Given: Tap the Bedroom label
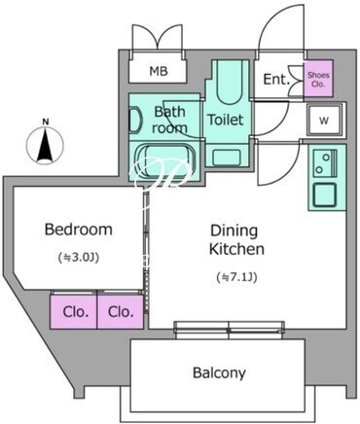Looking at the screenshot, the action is point(79,230).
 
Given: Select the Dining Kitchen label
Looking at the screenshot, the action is point(236,240).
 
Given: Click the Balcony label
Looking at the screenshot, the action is point(219,372).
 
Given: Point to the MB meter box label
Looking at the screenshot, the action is point(159,71).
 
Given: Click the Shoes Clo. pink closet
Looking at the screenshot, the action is point(318,79).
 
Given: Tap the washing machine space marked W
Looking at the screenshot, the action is point(324,120).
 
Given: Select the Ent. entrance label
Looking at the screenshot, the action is point(276,80).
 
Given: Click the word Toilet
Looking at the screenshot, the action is point(226,120).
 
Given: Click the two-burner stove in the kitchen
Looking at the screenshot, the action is point(325,162).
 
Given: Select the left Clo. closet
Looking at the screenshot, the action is point(74,311).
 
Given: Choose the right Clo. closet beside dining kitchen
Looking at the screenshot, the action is point(121,311).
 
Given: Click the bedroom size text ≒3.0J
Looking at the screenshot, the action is point(78,258).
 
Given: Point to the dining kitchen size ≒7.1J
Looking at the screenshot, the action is point(236,277).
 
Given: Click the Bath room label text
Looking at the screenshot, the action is point(169,120).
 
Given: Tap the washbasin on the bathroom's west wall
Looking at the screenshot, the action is point(136,121).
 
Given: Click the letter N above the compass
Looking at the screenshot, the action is point(46,123).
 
